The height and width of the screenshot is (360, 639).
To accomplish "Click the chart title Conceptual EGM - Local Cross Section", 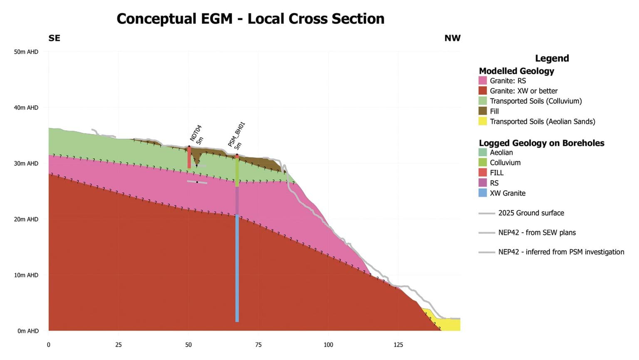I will point(250,19).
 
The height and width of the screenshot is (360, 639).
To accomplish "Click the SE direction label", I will point(54,38).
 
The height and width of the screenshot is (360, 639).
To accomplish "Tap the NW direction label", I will point(452,38).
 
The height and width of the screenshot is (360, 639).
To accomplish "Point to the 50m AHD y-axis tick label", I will point(26,52).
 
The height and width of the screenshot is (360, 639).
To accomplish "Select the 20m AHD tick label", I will point(26,219).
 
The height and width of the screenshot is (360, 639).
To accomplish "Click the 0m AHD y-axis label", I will point(28,331).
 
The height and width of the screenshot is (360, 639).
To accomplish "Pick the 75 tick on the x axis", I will point(258,345).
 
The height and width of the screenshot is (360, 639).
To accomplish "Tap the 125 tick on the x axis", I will point(398,345).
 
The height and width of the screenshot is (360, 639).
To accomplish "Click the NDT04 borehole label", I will point(196,133).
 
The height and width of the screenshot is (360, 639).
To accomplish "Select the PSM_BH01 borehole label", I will point(236,134).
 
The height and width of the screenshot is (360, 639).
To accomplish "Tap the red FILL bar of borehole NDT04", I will point(189,157).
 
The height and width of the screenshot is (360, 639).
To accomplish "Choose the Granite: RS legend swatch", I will point(483,81).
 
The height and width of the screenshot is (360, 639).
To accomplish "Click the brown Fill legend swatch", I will point(483,111).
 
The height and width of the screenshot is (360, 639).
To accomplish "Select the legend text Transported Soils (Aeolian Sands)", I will point(542,121).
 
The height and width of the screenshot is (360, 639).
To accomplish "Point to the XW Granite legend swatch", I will point(483,193).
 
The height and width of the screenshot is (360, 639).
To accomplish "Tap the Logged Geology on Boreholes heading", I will point(541,143).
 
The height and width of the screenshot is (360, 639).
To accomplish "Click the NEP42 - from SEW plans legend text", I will point(537,232).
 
